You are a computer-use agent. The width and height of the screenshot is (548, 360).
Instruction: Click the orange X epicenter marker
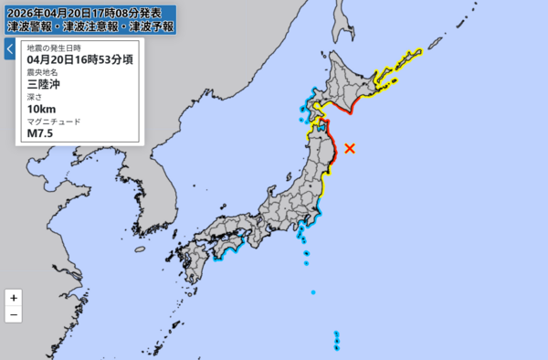(x=349, y=148)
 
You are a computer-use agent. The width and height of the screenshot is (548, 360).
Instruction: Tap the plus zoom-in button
(x=13, y=298)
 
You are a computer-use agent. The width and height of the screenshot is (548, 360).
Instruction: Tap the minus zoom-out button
(x=13, y=315)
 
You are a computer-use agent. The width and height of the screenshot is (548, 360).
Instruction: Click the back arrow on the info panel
(x=9, y=48)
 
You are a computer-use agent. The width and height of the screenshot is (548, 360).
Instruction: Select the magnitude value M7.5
(x=41, y=132)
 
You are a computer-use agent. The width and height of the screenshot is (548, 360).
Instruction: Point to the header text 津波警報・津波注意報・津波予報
(x=90, y=27)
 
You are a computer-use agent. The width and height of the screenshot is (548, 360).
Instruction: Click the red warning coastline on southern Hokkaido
(x=340, y=108)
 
